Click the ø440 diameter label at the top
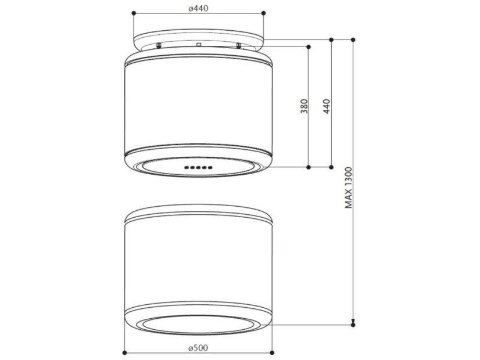(x=199, y=8)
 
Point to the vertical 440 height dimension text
(x=327, y=106)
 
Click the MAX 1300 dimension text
(x=349, y=188)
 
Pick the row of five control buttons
(x=198, y=168)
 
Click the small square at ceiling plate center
(x=198, y=44)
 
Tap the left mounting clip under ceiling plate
(x=159, y=45)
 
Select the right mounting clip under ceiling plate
(x=238, y=45)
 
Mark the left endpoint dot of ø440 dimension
(x=133, y=12)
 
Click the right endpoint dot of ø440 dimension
(x=264, y=12)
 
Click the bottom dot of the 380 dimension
(x=309, y=167)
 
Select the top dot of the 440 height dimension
(x=331, y=39)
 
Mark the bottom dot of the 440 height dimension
(x=331, y=167)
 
